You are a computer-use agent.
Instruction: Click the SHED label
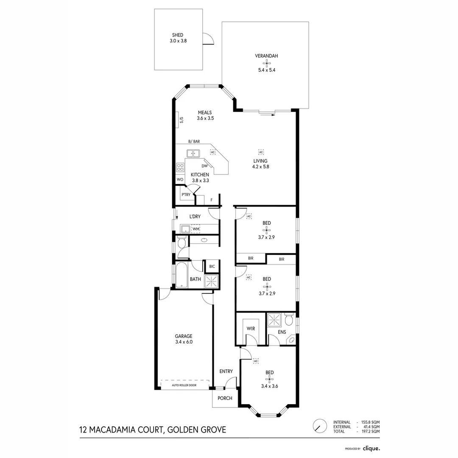point(178,35)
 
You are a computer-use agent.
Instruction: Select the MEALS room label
point(205,112)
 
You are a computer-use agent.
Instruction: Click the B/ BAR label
point(194,142)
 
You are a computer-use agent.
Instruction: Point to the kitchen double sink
point(193,153)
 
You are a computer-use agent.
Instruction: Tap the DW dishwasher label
point(204,166)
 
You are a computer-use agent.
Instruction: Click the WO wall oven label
point(180,179)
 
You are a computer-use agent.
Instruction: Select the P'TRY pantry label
point(186,195)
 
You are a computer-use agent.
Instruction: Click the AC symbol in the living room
point(261,152)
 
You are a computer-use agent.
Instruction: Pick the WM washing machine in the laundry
point(195,229)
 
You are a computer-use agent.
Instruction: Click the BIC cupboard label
point(212,266)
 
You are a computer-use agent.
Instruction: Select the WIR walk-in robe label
point(251,329)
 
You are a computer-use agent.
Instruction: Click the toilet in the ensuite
point(289,319)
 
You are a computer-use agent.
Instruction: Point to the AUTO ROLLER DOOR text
point(184,385)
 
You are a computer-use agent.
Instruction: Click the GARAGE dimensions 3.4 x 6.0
point(184,342)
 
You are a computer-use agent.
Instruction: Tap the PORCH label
point(225,398)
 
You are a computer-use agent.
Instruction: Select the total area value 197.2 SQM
point(370,431)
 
